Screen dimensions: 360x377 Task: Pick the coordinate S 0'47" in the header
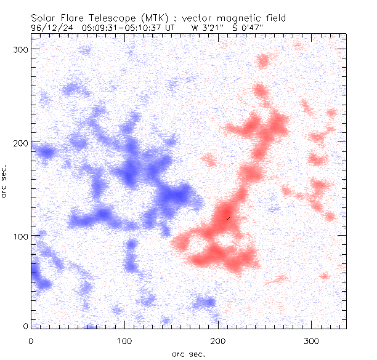[x=242, y=28]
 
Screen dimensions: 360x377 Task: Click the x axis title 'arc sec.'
[x=188, y=354]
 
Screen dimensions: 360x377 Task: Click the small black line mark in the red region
[x=228, y=218]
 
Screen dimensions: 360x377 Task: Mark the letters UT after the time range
[x=169, y=28]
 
